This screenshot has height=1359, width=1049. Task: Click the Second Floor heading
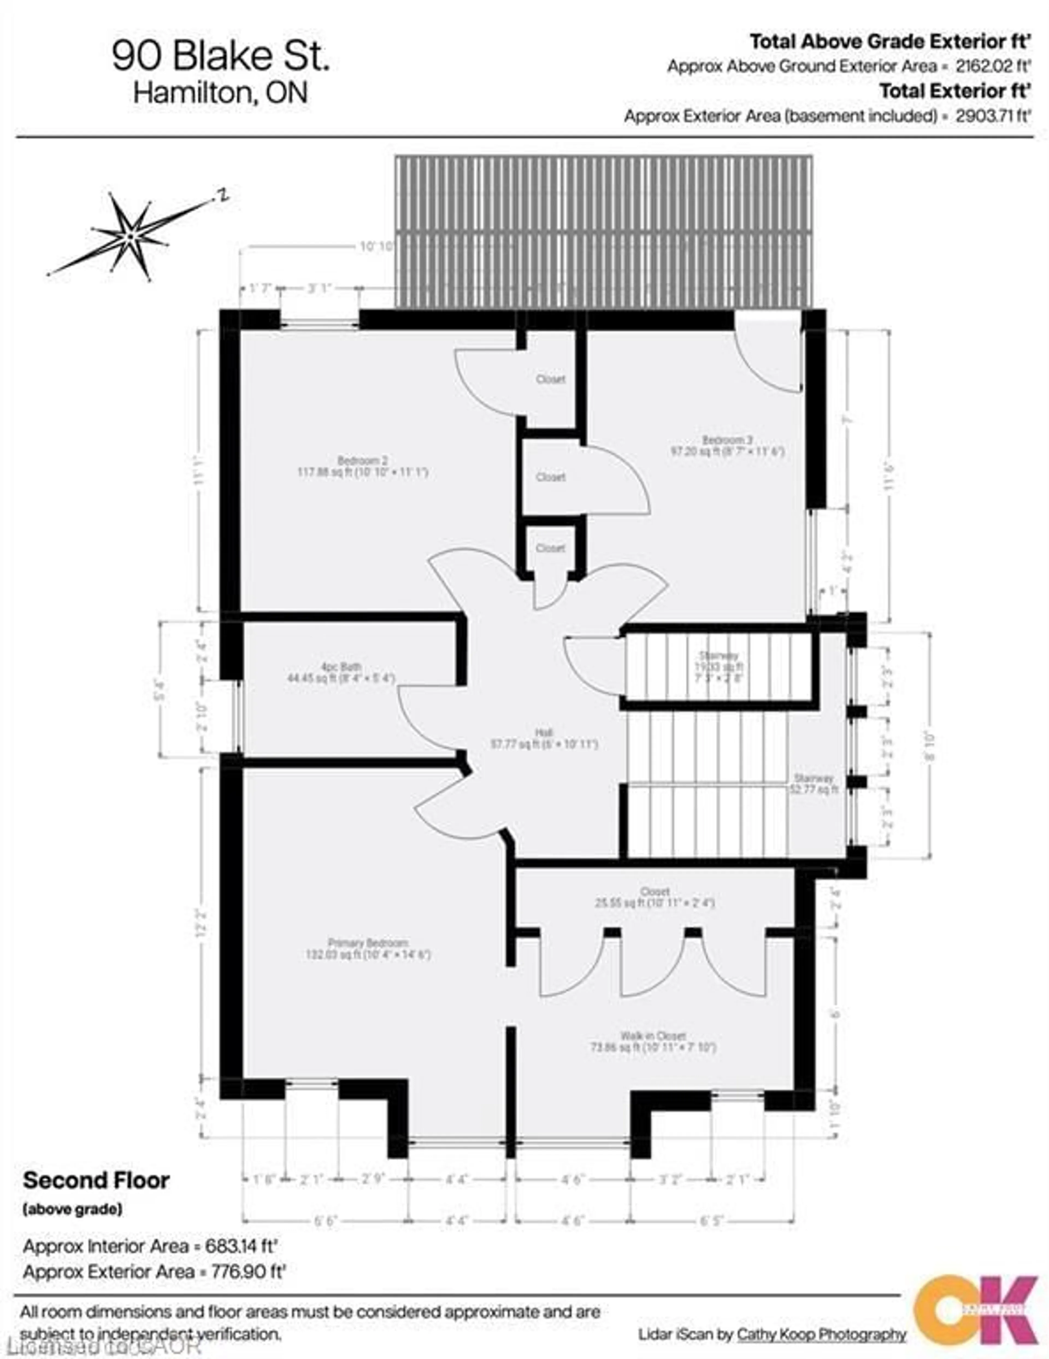[x=96, y=1180]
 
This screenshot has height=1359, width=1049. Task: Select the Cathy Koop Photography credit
[x=821, y=1334]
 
